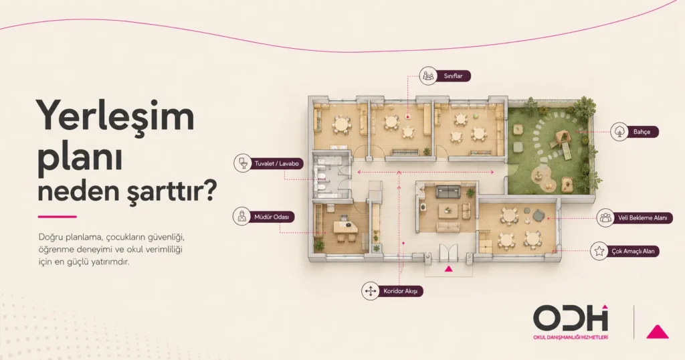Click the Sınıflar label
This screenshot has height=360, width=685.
pyautogui.click(x=453, y=76)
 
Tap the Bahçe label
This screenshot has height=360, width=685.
pyautogui.click(x=642, y=132)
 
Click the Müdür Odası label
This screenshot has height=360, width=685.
pyautogui.click(x=272, y=217)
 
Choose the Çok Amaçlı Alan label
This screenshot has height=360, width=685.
pyautogui.click(x=633, y=251)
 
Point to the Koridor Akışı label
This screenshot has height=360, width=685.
pyautogui.click(x=401, y=291)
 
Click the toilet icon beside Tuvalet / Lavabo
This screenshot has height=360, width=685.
pyautogui.click(x=242, y=163)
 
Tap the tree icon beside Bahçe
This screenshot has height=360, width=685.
pyautogui.click(x=619, y=132)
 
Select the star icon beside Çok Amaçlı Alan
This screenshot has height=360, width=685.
pyautogui.click(x=599, y=251)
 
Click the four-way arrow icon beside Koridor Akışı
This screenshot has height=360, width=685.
pyautogui.click(x=371, y=291)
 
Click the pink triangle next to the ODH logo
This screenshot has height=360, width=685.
pyautogui.click(x=658, y=332)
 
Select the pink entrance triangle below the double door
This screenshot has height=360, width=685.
pyautogui.click(x=448, y=269)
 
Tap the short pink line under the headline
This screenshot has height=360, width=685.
pyautogui.click(x=58, y=217)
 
